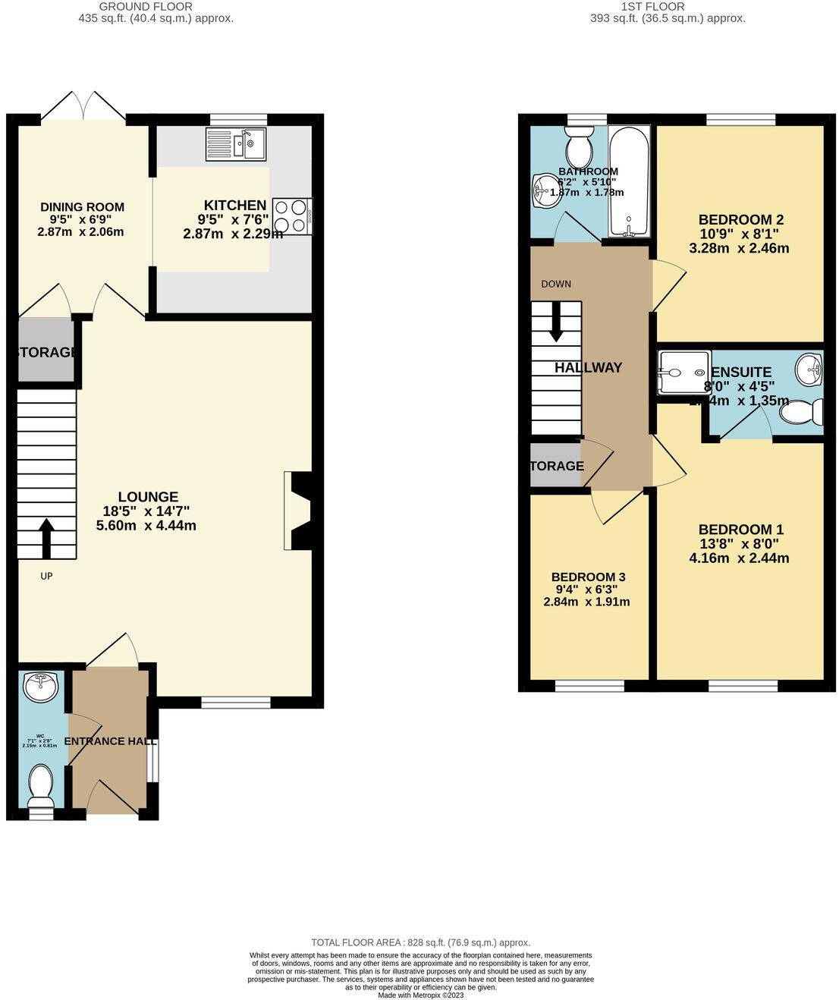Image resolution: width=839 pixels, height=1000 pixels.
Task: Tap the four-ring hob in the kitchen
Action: click(292, 215)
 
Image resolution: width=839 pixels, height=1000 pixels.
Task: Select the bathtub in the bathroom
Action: click(628, 182)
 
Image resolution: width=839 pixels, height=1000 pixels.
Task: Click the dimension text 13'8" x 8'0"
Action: click(739, 544)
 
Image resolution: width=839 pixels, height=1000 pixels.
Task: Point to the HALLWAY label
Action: click(588, 368)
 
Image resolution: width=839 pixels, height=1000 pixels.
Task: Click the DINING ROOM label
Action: click(82, 207)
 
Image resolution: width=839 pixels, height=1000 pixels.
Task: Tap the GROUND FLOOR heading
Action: click(156, 6)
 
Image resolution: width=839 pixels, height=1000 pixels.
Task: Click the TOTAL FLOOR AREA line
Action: click(420, 942)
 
